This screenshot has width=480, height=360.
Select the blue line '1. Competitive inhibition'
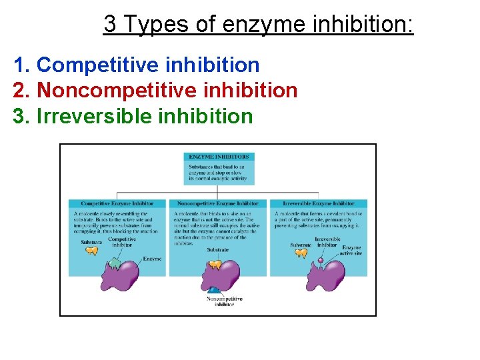137,65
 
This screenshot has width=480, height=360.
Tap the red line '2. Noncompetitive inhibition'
155,90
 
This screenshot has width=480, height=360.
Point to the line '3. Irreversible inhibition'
133,115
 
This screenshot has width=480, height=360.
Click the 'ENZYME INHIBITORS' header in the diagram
218,157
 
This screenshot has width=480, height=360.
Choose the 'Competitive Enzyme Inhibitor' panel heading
117,203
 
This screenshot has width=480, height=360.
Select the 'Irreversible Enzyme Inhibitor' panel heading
319,203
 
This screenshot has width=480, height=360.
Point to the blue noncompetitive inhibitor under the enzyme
215,291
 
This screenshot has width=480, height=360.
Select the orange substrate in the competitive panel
92,251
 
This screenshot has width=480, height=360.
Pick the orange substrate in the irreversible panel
301,253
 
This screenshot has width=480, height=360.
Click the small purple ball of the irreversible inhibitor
320,260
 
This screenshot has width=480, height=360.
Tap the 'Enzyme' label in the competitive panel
152,259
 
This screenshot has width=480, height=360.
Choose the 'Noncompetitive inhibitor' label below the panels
224,301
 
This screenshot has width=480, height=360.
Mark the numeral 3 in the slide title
111,25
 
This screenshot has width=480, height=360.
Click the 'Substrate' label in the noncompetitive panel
217,250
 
